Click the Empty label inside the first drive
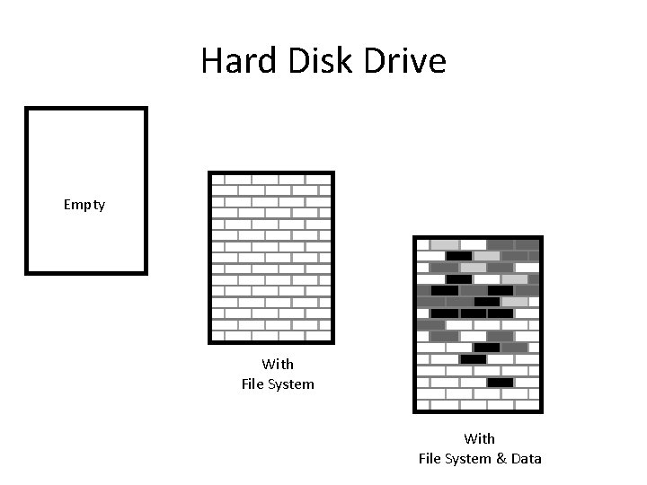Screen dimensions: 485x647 (84, 205)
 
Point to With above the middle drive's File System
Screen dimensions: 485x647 (278, 365)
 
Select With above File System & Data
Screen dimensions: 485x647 (479, 439)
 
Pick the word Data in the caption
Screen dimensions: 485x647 (525, 459)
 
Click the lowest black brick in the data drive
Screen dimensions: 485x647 (500, 383)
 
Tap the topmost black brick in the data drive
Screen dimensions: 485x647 (459, 256)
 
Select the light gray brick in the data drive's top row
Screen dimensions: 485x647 (444, 244)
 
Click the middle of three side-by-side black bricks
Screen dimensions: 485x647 (473, 313)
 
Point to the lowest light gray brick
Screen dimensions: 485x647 (514, 302)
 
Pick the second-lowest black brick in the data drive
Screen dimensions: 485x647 (473, 359)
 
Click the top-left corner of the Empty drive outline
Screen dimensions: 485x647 (27, 110)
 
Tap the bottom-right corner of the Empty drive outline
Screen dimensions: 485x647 (145, 270)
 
